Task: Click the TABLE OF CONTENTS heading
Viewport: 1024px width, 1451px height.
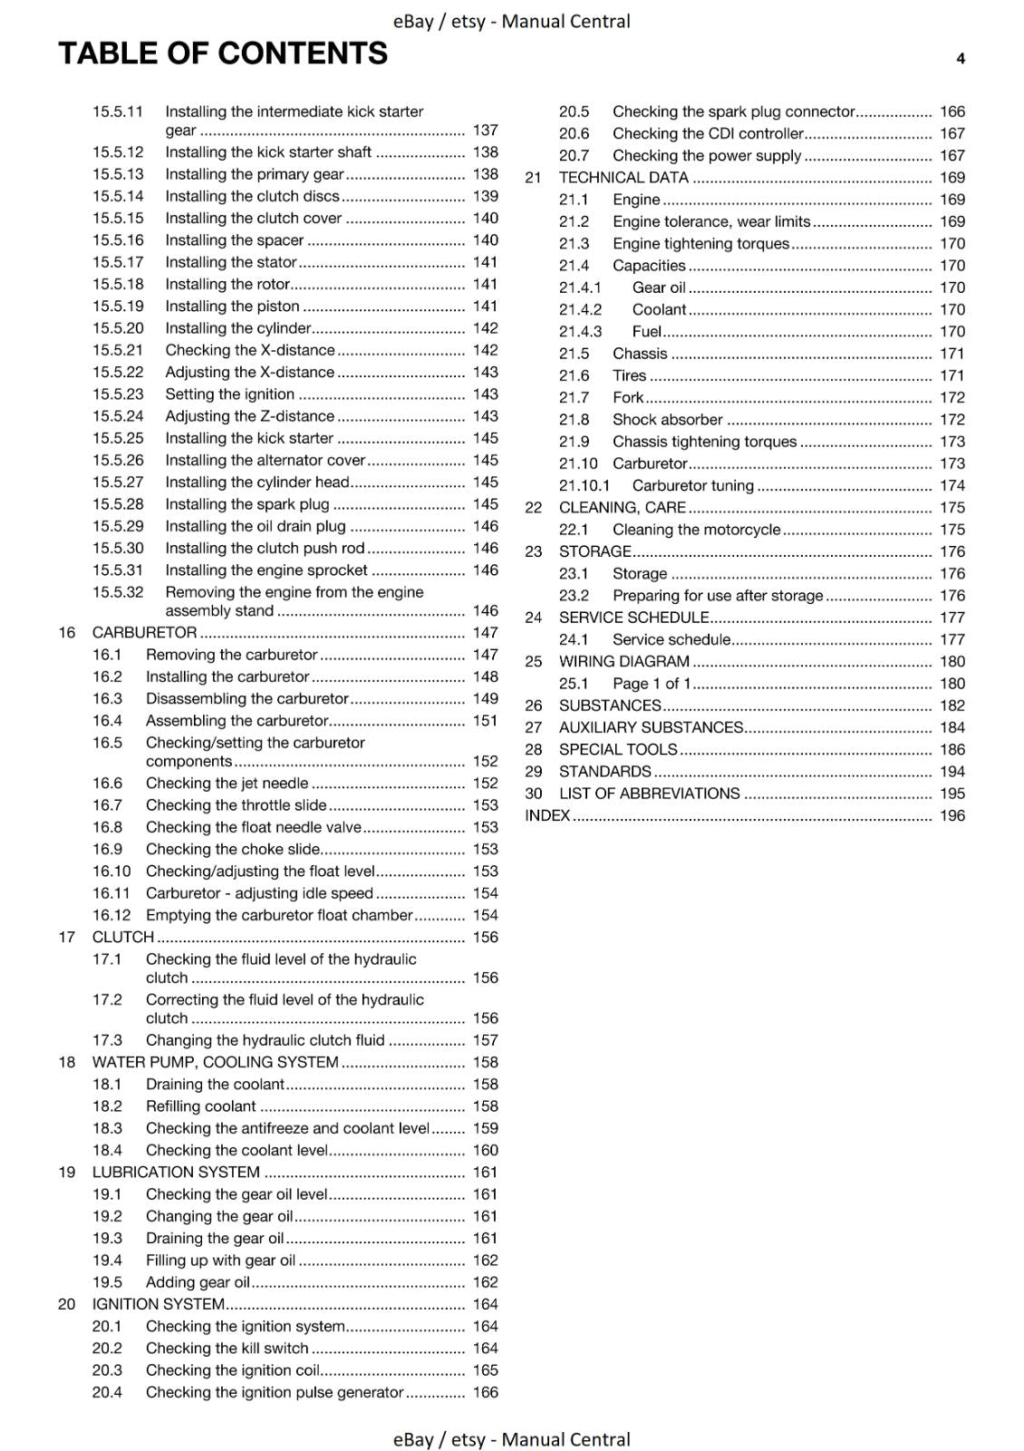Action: [x=223, y=54]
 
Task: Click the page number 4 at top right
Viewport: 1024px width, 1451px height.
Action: [x=961, y=59]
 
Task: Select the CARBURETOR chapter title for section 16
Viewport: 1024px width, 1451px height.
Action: [x=144, y=632]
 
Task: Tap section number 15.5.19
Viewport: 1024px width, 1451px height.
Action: [x=118, y=306]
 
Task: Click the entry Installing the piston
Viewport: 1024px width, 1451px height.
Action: [x=232, y=306]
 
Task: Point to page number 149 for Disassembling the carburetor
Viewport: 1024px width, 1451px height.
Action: [x=485, y=698]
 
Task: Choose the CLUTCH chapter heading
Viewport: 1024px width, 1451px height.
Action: [x=123, y=937]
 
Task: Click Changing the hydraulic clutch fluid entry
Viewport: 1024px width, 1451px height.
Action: [x=265, y=1040]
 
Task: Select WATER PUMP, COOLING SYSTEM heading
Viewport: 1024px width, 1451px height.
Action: [x=215, y=1062]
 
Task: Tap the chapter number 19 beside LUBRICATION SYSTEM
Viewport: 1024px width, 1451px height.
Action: [x=66, y=1172]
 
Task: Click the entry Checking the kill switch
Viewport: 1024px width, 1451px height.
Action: [x=227, y=1349]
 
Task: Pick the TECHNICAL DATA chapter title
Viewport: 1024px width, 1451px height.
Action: [x=623, y=178]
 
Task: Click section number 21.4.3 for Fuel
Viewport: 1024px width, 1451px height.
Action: [x=580, y=332]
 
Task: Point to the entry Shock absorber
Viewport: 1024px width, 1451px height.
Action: [x=667, y=420]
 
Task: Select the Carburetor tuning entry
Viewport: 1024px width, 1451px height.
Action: [x=692, y=486]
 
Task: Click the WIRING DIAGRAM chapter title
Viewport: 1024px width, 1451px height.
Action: [x=623, y=662]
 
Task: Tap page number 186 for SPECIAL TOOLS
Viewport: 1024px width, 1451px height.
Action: [x=952, y=750]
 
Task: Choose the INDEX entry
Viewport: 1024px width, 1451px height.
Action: [x=547, y=815]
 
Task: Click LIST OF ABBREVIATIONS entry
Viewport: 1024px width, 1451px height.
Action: [x=649, y=794]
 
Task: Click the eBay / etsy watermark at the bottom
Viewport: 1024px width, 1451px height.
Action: [x=511, y=1439]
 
